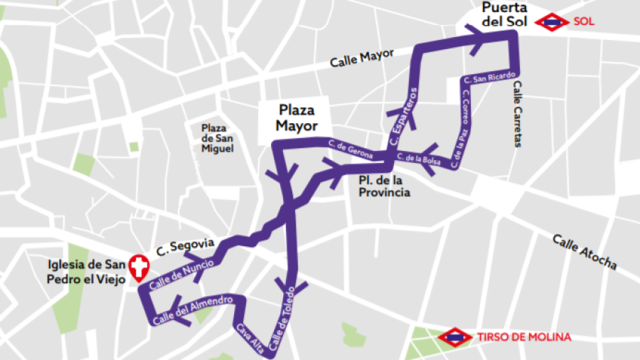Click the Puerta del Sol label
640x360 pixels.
pyautogui.click(x=504, y=14)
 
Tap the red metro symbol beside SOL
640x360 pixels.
pyautogui.click(x=551, y=22)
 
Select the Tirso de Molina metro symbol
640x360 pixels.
pyautogui.click(x=455, y=337)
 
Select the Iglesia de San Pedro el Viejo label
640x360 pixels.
pyautogui.click(x=85, y=272)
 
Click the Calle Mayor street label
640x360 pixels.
pyautogui.click(x=362, y=58)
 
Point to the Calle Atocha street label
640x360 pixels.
pyautogui.click(x=585, y=251)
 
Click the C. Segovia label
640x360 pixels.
pyautogui.click(x=185, y=245)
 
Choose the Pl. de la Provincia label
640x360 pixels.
pyautogui.click(x=384, y=187)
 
